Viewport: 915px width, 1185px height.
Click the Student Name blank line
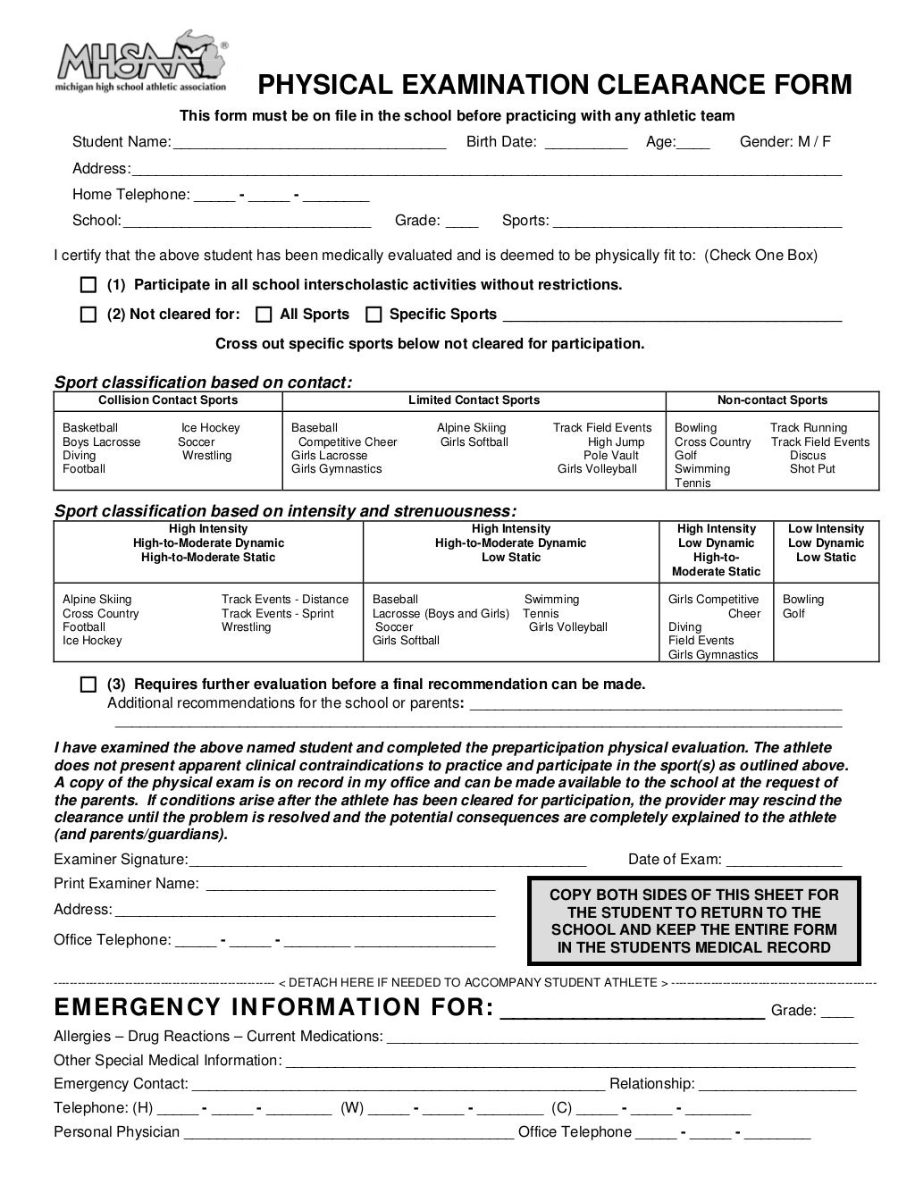click(308, 143)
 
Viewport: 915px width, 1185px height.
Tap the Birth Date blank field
click(585, 143)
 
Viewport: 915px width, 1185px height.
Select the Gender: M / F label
click(785, 141)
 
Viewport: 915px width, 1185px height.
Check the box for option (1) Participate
click(88, 285)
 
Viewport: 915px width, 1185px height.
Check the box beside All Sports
click(264, 315)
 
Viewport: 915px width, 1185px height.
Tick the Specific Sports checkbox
click(374, 315)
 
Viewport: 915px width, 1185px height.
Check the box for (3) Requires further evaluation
click(88, 685)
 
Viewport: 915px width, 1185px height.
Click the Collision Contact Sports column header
click(168, 400)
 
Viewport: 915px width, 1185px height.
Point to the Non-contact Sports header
click(772, 400)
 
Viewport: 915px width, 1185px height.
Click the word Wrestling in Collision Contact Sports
click(206, 456)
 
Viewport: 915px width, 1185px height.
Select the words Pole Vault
click(611, 456)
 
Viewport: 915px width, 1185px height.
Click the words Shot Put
click(812, 469)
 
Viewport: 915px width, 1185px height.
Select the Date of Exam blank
click(784, 861)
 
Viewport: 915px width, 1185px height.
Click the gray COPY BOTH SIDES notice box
click(693, 921)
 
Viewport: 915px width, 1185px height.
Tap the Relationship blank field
click(776, 1085)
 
